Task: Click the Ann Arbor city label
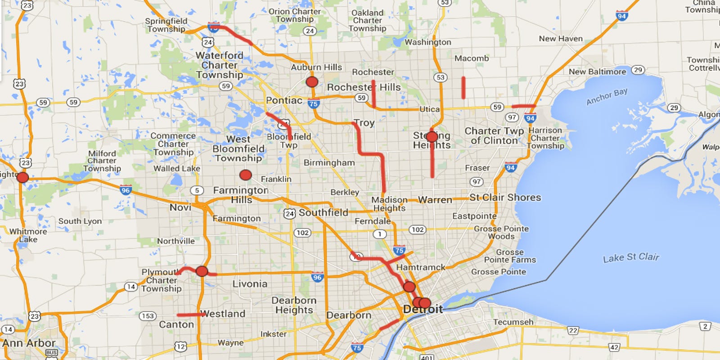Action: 29,343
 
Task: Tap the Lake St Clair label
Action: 630,257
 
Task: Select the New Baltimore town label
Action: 597,72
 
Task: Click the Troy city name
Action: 364,123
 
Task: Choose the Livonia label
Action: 250,284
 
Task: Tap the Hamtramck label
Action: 420,267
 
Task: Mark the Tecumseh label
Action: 513,322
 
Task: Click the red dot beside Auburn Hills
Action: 312,82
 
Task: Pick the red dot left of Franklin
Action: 245,175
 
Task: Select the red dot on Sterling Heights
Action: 432,137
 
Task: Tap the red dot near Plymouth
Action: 202,271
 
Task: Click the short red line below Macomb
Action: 463,88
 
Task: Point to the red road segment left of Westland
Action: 189,315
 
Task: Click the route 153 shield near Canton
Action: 148,316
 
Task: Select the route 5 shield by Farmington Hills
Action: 197,190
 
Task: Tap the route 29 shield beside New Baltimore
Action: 638,70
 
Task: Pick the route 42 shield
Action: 614,347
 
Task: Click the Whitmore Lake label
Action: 28,235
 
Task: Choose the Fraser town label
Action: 477,168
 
